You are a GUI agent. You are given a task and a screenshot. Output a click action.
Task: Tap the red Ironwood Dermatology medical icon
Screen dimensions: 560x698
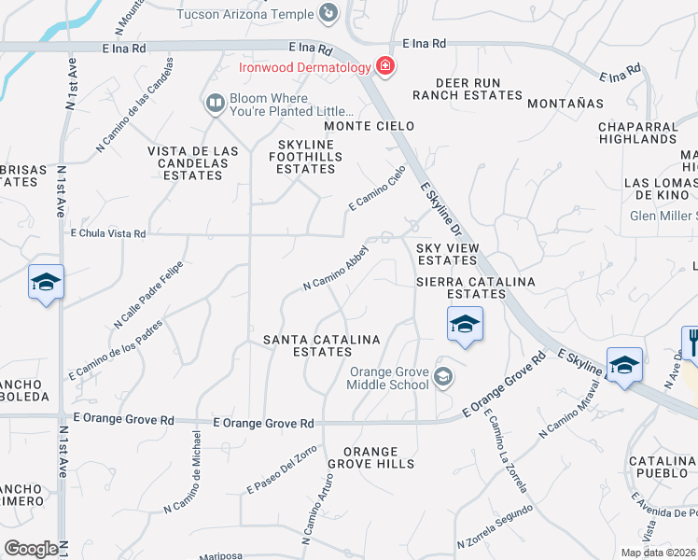coord(384,66)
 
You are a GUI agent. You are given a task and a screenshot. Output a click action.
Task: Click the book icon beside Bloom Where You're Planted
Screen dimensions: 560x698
coord(216,103)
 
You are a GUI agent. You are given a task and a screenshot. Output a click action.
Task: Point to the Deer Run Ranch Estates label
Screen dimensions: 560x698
coord(467,89)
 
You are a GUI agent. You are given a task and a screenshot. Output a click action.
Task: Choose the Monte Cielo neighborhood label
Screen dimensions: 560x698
coord(368,126)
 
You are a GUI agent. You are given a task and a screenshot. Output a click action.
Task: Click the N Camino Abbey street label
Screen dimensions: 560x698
coord(337,269)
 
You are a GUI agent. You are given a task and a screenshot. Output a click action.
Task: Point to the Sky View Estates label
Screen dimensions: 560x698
coord(447,254)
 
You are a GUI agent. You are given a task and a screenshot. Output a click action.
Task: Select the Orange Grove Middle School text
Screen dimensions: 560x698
coord(389,378)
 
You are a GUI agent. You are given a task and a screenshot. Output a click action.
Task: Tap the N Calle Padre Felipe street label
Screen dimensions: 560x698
coord(147,294)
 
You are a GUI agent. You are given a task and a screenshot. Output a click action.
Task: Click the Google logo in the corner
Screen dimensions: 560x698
coord(31,549)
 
